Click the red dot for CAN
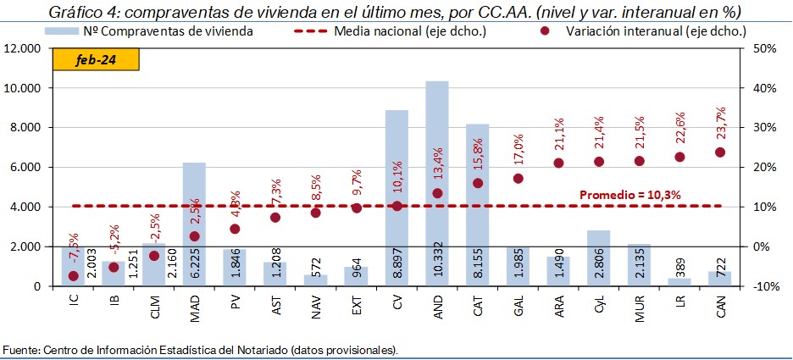(x=720, y=152)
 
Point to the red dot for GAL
(x=518, y=179)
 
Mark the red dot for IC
(x=74, y=276)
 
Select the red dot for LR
(x=679, y=157)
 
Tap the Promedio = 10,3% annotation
(x=630, y=195)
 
